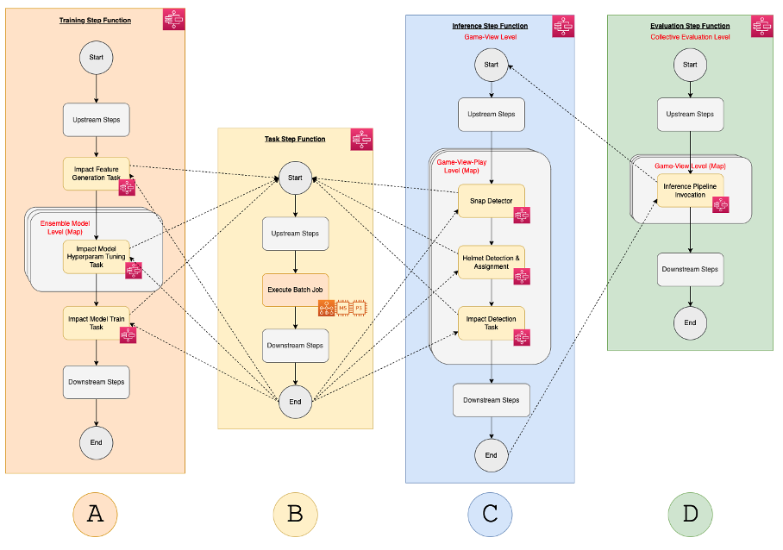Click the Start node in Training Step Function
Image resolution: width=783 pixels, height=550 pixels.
96,59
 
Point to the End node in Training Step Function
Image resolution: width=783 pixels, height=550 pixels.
96,442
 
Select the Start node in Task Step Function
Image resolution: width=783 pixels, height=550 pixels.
295,178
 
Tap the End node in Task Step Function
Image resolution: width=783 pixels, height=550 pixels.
295,401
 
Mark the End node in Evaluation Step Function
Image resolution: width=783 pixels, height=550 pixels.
690,322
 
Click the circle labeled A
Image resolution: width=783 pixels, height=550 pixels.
96,515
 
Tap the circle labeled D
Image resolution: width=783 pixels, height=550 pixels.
690,515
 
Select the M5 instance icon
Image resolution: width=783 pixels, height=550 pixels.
342,308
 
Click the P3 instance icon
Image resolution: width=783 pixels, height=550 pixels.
359,308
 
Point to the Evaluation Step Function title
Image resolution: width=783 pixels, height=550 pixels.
690,26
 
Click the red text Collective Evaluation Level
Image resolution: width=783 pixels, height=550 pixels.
690,37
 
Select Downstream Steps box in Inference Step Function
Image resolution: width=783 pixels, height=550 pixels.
491,400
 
